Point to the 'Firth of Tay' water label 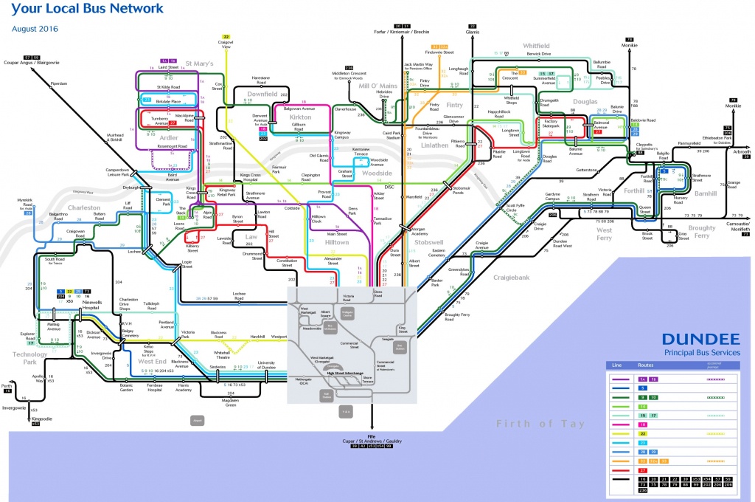540,423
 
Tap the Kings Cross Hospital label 251,176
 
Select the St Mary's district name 199,63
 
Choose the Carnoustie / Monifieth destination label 729,226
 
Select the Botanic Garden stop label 128,388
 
